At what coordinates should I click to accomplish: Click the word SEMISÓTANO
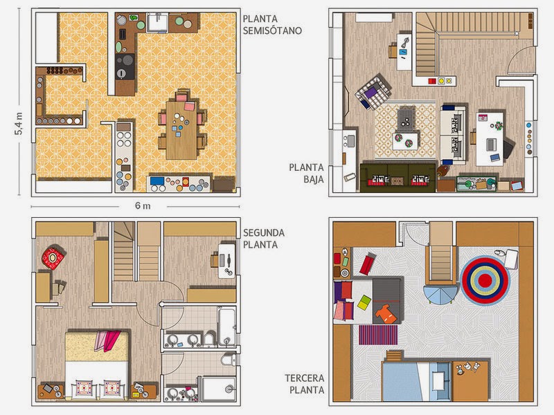(x=272, y=30)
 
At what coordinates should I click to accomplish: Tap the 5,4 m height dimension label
(x=19, y=124)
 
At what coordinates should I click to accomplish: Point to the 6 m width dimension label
(x=143, y=205)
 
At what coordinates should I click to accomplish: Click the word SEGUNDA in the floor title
(x=264, y=233)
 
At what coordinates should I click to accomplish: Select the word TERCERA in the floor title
(x=305, y=378)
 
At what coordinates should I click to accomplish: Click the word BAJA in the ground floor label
(x=314, y=179)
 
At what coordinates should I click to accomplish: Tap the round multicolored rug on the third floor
(x=485, y=281)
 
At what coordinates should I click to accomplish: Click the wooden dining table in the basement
(x=181, y=130)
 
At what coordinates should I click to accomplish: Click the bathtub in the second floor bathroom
(x=226, y=327)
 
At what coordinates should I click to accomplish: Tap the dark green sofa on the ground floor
(x=397, y=177)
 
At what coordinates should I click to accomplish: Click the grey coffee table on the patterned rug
(x=406, y=119)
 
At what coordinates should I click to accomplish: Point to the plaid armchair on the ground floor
(x=373, y=92)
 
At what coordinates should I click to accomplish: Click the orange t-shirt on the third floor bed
(x=384, y=314)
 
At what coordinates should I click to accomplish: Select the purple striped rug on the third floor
(x=378, y=335)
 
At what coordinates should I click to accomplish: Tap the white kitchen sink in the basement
(x=158, y=23)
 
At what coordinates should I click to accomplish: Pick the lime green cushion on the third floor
(x=364, y=303)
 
